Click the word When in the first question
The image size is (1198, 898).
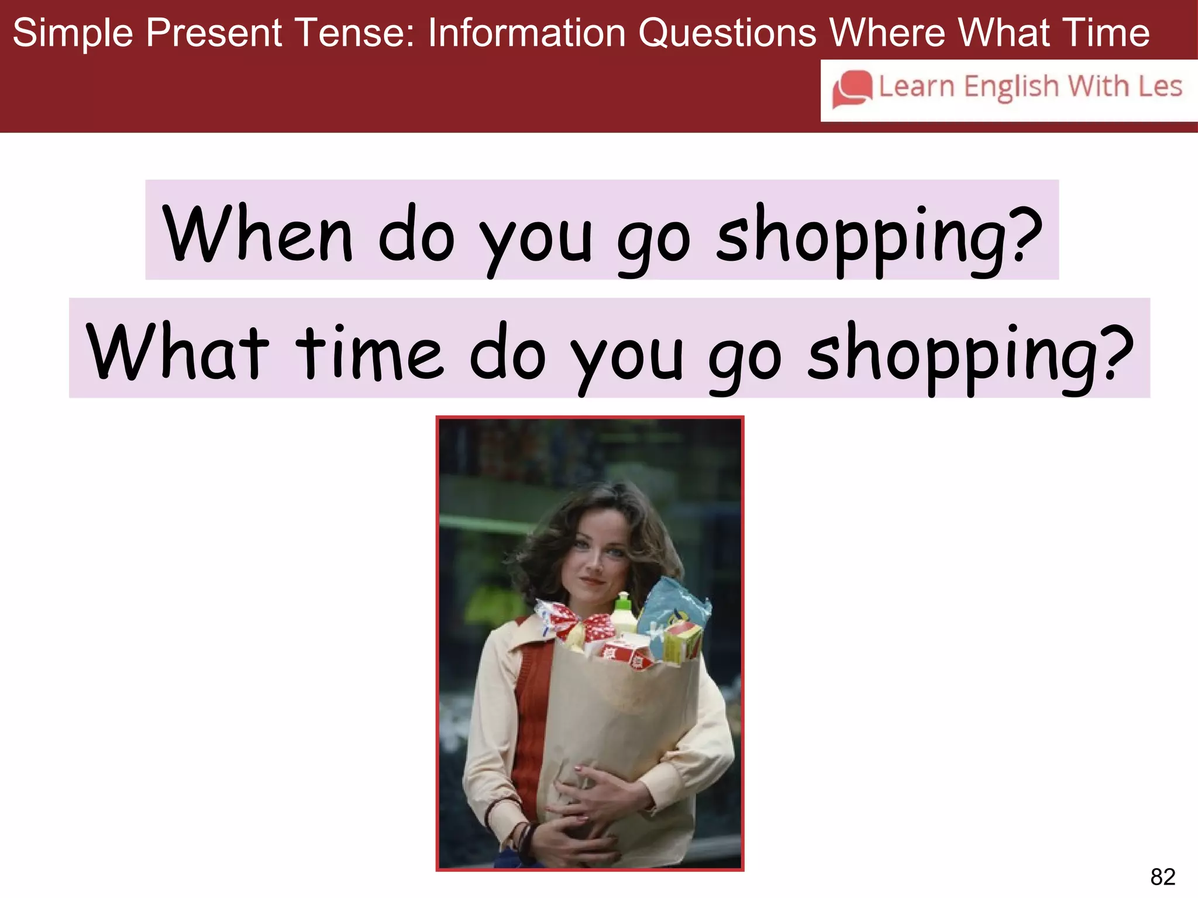[257, 233]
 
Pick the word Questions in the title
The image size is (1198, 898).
[727, 33]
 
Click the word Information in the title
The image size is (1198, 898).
[526, 33]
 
